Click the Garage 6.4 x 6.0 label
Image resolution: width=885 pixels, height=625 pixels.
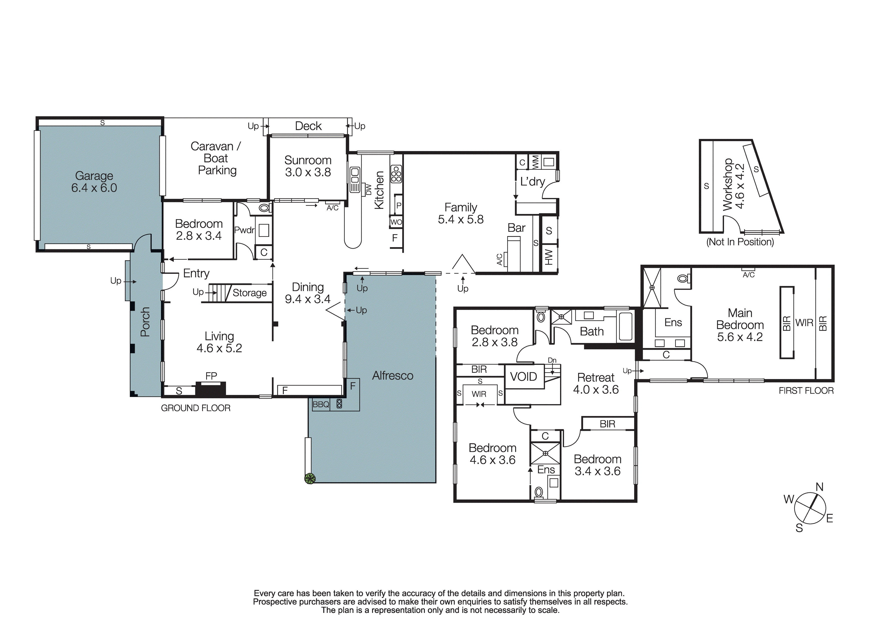coord(94,182)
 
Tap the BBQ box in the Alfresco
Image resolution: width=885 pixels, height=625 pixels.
coord(321,404)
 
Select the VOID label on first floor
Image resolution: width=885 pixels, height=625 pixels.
coord(523,377)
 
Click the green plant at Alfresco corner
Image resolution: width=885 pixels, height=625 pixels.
coord(310,478)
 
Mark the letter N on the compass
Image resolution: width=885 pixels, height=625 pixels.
coord(819,487)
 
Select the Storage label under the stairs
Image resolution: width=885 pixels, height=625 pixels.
coord(249,293)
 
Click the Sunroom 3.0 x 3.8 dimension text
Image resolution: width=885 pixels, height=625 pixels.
coord(308,172)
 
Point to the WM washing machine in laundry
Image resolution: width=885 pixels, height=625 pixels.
coord(535,162)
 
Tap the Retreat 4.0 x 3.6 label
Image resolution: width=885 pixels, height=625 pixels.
coord(596,383)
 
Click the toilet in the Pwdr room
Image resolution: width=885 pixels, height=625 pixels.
coord(264,208)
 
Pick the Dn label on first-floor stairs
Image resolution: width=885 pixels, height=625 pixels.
coord(552,360)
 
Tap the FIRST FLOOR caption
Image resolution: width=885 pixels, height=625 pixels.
coord(806,391)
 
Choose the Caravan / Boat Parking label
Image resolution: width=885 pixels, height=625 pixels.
coord(216,158)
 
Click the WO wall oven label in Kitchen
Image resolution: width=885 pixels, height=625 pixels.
coord(396,222)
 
